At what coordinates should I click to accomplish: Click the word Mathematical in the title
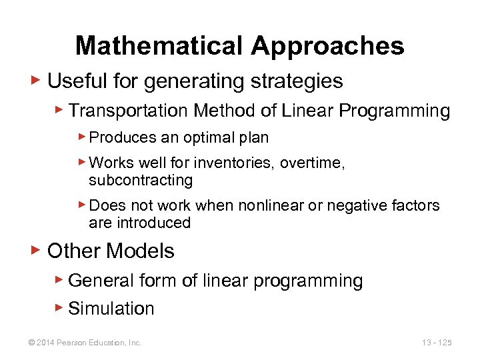(x=159, y=46)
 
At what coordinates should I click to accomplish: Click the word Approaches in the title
(x=327, y=46)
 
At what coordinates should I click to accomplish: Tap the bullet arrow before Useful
(x=37, y=81)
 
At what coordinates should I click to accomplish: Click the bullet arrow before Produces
(x=81, y=137)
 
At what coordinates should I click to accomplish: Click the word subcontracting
(x=141, y=180)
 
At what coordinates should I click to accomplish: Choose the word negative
(x=361, y=205)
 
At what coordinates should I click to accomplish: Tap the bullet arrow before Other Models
(x=37, y=251)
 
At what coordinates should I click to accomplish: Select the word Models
(x=140, y=251)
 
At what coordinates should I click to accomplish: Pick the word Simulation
(x=111, y=309)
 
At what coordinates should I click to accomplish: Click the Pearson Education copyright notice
(x=84, y=343)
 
